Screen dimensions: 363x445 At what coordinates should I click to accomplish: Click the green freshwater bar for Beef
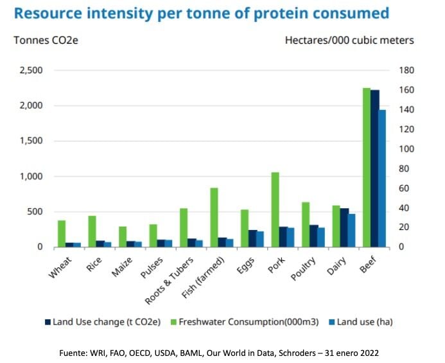click(366, 168)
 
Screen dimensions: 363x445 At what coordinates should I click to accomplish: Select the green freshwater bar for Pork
click(275, 209)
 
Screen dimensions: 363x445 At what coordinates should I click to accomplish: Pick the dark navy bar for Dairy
click(344, 227)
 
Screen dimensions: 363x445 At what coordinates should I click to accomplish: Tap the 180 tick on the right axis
click(407, 70)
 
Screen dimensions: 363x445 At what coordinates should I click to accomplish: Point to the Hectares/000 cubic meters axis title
click(349, 40)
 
